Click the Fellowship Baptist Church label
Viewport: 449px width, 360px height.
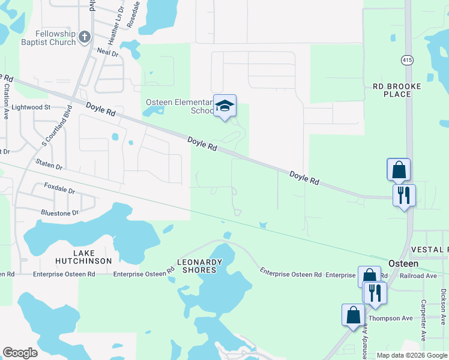pos(47,38)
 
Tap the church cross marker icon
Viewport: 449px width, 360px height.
pos(85,37)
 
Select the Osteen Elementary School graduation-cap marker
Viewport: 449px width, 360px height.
pos(224,106)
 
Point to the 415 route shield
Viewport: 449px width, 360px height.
pos(408,60)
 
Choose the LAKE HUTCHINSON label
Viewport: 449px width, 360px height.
pos(83,257)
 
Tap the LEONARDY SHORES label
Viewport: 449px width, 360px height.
pos(200,266)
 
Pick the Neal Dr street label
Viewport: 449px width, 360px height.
pos(108,53)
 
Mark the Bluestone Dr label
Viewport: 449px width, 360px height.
pos(59,213)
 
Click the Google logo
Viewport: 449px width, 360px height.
pos(20,352)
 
